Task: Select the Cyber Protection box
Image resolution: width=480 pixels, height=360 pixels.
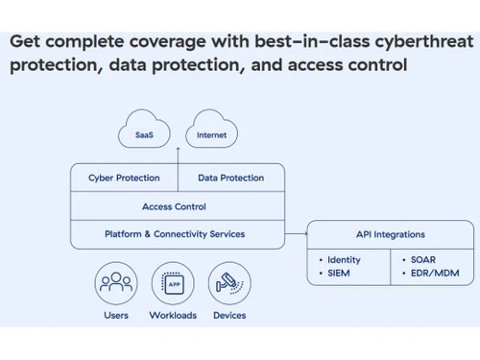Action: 124,178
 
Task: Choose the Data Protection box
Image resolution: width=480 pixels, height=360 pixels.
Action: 230,178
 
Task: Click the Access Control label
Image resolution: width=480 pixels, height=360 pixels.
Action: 174,205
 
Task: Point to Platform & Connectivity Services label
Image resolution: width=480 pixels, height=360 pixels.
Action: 174,233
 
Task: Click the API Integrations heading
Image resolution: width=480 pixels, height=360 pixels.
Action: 390,234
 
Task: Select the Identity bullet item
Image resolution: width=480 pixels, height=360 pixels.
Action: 342,260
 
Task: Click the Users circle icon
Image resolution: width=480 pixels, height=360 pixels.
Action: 116,284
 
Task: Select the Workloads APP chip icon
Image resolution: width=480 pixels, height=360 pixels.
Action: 174,284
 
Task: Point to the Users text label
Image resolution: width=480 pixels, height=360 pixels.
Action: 116,315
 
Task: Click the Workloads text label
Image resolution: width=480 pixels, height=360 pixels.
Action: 174,315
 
